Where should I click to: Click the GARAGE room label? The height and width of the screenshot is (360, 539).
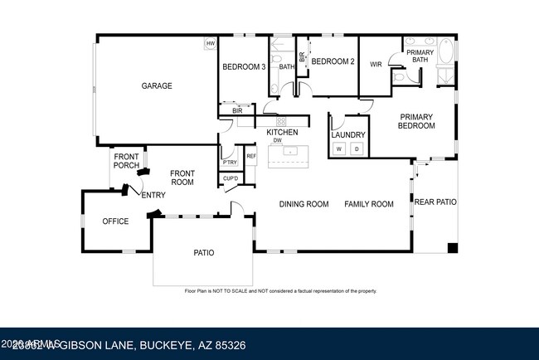coord(156,85)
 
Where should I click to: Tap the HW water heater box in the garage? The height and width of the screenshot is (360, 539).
coord(210,43)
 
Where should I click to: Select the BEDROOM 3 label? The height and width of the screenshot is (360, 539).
coord(243,67)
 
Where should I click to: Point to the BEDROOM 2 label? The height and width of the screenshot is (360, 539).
coord(333,61)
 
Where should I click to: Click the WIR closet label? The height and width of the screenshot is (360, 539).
coord(375,63)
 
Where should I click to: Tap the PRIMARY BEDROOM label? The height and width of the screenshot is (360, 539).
coord(417,121)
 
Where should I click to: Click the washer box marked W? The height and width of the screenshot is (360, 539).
coord(338,148)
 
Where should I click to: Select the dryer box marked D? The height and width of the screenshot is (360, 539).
coord(357,148)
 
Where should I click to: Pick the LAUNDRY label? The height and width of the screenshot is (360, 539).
coord(347,134)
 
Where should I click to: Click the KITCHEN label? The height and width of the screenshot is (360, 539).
coord(281,132)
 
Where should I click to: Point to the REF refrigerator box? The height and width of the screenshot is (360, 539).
coord(250,156)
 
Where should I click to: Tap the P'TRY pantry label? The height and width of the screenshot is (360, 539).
coord(230,162)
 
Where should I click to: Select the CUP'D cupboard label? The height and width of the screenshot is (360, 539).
coord(230,178)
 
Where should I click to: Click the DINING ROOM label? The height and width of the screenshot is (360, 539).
coord(303,204)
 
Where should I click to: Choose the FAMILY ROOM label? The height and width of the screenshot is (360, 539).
coord(368,204)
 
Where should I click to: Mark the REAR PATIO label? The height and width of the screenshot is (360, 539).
coord(435,202)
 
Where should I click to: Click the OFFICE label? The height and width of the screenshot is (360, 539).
coord(115,221)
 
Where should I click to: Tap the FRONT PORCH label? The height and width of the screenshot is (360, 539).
coord(126,161)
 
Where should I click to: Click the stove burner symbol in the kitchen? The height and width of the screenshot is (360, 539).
coord(281,121)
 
